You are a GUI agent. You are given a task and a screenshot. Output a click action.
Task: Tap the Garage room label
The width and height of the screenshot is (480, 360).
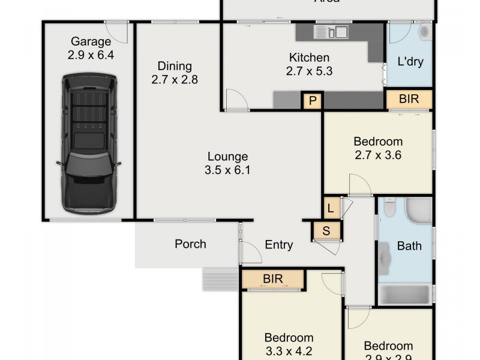tap(91, 42)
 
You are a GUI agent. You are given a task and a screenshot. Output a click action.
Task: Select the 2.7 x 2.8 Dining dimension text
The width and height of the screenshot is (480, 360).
tap(174, 79)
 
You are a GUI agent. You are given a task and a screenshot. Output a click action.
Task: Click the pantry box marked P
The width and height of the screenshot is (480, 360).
tap(312, 101)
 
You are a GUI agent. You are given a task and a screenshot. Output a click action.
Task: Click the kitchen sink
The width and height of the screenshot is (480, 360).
tap(338, 32)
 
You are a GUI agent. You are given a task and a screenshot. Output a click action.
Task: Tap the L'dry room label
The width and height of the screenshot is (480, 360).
tap(409, 61)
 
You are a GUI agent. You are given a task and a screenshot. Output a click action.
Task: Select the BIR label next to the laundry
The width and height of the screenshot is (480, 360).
tap(409, 99)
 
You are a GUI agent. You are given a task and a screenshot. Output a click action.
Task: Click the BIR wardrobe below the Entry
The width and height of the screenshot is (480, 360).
tap(273, 279)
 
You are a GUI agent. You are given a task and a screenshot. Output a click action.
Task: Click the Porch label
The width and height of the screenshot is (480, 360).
tap(190, 244)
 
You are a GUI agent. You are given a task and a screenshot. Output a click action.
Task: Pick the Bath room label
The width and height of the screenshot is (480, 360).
tap(409, 246)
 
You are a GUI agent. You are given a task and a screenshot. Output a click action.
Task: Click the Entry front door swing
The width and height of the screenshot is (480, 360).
tap(251, 253)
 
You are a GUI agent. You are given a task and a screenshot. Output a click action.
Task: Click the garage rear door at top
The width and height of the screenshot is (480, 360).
tap(117, 31)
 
